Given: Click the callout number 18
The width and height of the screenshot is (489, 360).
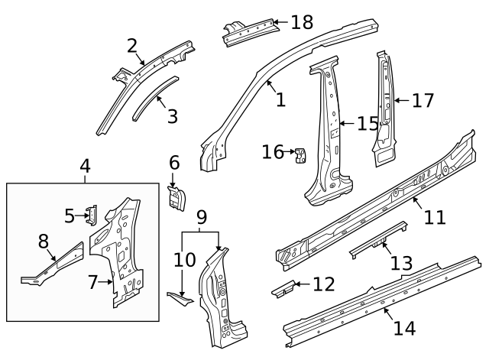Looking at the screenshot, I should (x=302, y=22).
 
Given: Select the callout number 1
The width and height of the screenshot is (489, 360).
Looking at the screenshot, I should (x=280, y=99).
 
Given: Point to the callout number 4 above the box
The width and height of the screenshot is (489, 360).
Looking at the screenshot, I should (x=86, y=165).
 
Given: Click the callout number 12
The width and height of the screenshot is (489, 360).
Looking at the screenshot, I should (x=323, y=285).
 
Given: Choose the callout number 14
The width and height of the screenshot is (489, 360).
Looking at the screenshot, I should (x=404, y=328).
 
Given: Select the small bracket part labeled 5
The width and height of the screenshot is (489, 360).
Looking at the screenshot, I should (x=91, y=216).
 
